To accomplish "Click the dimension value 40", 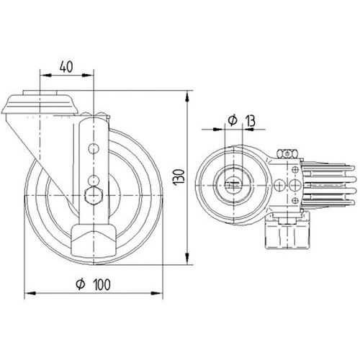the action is coord(66,67).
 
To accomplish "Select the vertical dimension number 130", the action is coord(179,176).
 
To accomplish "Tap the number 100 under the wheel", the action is coord(102,284).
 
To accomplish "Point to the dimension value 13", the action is coord(251,121).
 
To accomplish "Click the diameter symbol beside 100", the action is coord(81,284).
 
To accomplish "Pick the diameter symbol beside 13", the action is coord(233,120).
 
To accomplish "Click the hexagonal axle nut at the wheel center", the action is coord(94,195).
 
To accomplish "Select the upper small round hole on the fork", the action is coord(94,149).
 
